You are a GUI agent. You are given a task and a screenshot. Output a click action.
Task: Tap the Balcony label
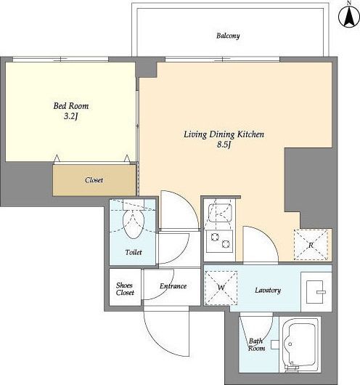pyautogui.click(x=228, y=36)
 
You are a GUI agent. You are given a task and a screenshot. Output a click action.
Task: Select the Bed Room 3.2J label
pyautogui.click(x=71, y=110)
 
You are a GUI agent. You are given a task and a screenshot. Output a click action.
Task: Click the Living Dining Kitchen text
pyautogui.click(x=224, y=134)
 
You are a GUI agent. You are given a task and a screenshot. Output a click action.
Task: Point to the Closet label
pyautogui.click(x=94, y=180)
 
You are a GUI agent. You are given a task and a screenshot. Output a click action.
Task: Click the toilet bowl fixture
pyautogui.click(x=134, y=224)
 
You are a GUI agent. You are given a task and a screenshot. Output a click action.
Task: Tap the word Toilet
pyautogui.click(x=134, y=252)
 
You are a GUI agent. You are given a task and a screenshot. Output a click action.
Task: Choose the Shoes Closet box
pyautogui.click(x=125, y=287)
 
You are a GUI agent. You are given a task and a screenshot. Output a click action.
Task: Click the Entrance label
pyautogui.click(x=173, y=286)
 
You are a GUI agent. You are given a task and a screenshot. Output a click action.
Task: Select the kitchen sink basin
pyautogui.click(x=220, y=213)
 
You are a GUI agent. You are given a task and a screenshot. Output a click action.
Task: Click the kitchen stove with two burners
pyautogui.click(x=219, y=241)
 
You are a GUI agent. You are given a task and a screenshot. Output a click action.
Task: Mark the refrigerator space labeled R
pyautogui.click(x=311, y=245)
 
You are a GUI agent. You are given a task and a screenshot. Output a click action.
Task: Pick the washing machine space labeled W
pyautogui.click(x=221, y=288)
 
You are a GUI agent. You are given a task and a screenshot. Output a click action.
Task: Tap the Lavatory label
pyautogui.click(x=268, y=291)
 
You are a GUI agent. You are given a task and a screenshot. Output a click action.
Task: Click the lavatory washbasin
pyautogui.click(x=315, y=292)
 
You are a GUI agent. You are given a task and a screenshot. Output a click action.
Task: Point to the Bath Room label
pyautogui.click(x=256, y=344)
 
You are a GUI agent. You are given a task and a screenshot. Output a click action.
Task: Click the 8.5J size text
pyautogui.click(x=224, y=145)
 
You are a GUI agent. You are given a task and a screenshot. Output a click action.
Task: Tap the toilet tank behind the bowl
pyautogui.click(x=134, y=205)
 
